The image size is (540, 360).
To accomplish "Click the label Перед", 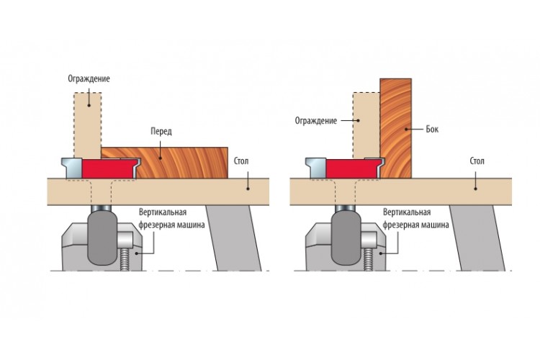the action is [x=161, y=131].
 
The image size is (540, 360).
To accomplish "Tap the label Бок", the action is [x=432, y=129].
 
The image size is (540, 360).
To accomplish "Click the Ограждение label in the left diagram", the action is [x=89, y=79].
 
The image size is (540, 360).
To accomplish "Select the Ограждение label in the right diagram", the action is [x=316, y=120].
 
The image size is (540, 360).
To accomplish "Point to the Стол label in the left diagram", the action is [x=241, y=161].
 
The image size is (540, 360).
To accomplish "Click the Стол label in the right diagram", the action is [x=477, y=161].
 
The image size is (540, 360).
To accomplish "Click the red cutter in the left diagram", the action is [x=108, y=168].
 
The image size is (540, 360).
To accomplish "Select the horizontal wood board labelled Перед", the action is [x=165, y=163].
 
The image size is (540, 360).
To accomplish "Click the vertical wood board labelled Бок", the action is [x=396, y=128].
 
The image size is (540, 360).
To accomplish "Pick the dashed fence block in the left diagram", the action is [x=87, y=125].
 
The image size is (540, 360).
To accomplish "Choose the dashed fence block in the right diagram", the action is [x=366, y=125].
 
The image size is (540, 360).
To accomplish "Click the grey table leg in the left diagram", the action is [x=234, y=238].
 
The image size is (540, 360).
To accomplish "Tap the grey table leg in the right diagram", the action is [x=477, y=238].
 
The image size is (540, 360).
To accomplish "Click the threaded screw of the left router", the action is [x=125, y=258].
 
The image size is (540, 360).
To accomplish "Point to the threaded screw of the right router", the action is [x=369, y=258].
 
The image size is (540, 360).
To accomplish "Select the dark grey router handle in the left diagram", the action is [x=103, y=238].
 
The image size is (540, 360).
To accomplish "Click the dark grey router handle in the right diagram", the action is [x=346, y=238].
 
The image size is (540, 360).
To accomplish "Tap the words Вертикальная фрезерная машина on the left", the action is [x=171, y=218].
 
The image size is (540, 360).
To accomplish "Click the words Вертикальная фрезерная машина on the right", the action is [x=415, y=218].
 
